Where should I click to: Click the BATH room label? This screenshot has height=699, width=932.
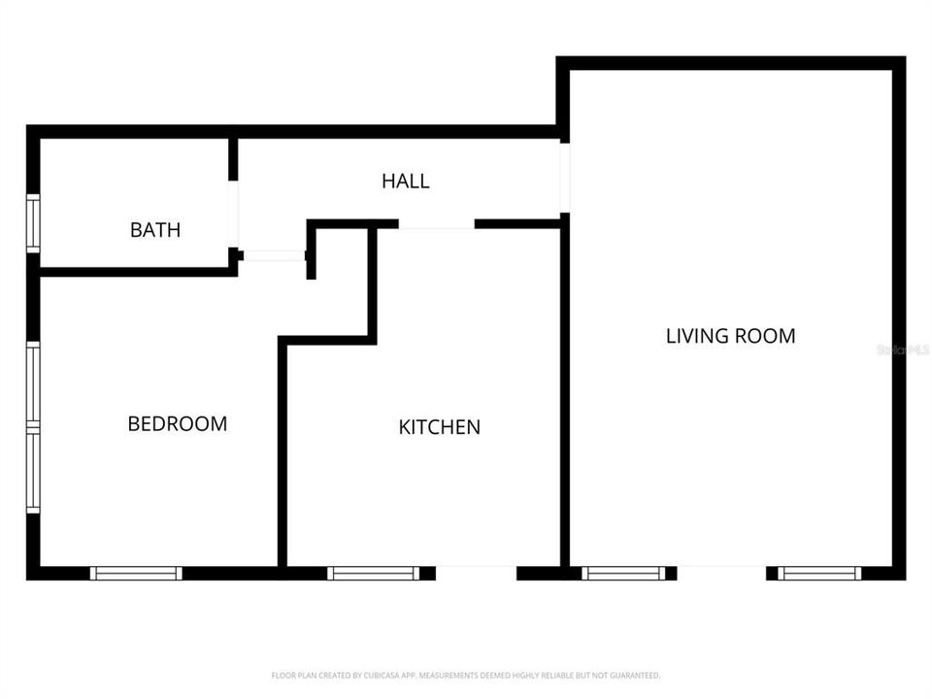(x=155, y=230)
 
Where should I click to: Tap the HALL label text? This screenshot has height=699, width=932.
(x=405, y=181)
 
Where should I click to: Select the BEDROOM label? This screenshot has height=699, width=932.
(x=178, y=423)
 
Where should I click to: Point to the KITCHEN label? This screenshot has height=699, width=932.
(x=440, y=426)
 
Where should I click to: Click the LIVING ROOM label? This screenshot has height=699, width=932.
(x=730, y=336)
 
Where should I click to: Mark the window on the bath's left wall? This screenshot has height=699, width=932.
(x=33, y=223)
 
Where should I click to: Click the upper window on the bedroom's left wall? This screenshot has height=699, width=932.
(x=33, y=383)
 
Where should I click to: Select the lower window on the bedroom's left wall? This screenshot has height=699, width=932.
(x=33, y=471)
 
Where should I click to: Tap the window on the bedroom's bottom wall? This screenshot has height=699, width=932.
(x=136, y=573)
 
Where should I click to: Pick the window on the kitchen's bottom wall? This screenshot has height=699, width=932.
(x=374, y=573)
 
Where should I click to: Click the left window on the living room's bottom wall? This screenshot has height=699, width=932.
(x=623, y=573)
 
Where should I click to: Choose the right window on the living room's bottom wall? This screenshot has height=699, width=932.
(x=820, y=573)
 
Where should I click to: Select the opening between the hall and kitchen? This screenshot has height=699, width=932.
(x=436, y=224)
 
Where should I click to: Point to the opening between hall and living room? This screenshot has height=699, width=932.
(x=564, y=178)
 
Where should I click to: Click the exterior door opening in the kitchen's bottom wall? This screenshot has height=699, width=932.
(x=476, y=573)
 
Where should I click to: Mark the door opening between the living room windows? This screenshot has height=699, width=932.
(x=721, y=573)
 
